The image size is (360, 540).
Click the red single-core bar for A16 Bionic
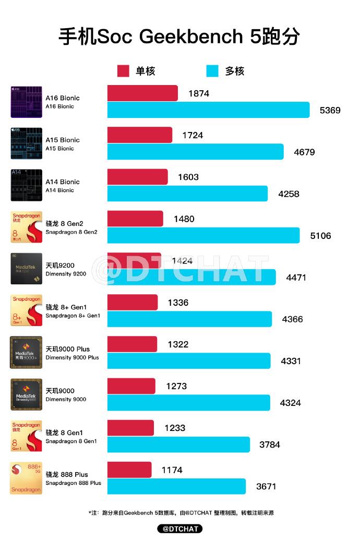[142, 93]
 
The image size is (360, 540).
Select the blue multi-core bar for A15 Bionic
[196, 152]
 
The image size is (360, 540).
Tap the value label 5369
[330, 110]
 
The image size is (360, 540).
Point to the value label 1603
[188, 177]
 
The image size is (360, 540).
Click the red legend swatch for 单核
[123, 71]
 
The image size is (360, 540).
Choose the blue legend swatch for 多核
[212, 71]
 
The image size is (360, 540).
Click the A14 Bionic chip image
[26, 185]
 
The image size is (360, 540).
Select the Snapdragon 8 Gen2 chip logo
[26, 227]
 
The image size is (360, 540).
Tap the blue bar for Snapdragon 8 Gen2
[203, 235]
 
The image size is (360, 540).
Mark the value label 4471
[296, 278]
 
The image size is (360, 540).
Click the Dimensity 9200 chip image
[26, 269]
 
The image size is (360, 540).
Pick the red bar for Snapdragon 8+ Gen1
[133, 303]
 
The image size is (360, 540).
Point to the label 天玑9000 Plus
[67, 349]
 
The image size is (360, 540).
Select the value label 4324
[291, 403]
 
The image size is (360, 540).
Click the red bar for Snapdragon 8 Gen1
[130, 428]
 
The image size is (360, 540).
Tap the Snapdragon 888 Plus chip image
[26, 478]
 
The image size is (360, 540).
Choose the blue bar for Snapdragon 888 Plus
[176, 486]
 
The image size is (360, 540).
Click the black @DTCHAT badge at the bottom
[180, 529]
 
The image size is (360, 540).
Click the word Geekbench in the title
[191, 37]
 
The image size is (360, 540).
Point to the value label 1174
[172, 470]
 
